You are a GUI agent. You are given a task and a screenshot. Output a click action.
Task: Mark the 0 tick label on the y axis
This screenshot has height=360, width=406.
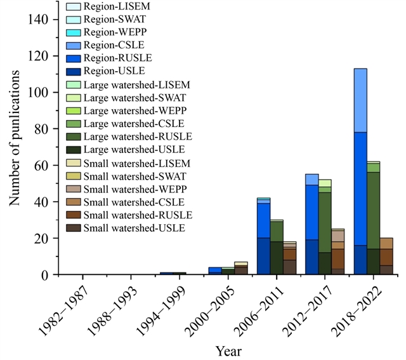[46, 275]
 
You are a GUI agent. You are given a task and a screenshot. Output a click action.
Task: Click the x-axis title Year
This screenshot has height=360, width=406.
[228, 350]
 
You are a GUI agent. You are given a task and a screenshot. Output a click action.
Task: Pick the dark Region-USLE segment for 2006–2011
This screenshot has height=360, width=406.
[263, 256]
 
